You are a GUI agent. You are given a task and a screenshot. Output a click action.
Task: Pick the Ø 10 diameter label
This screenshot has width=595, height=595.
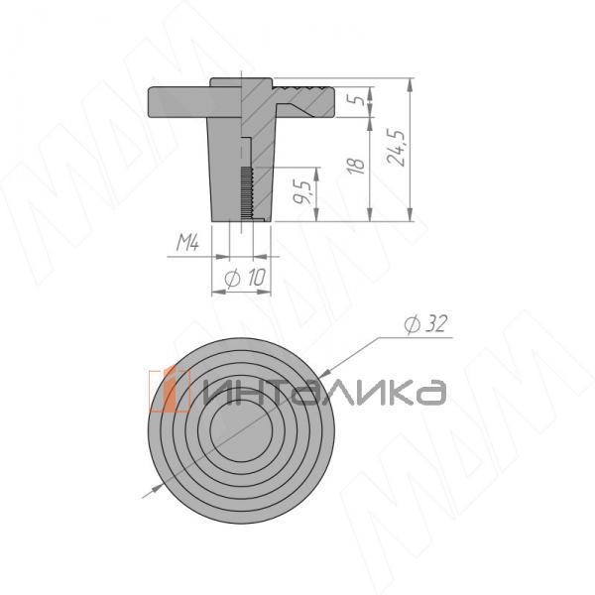pyautogui.click(x=245, y=281)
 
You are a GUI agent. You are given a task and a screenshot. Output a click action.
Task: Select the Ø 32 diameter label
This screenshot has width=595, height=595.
pyautogui.click(x=420, y=324)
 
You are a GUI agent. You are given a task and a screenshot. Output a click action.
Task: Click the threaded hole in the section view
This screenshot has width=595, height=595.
pyautogui.click(x=247, y=193)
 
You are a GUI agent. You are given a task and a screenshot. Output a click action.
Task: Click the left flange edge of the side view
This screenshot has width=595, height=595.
pyautogui.click(x=151, y=102)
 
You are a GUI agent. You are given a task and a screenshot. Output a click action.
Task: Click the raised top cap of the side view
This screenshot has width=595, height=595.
pyautogui.click(x=243, y=82)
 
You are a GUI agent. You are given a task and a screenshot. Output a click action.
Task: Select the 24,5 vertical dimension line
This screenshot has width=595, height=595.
pyautogui.click(x=410, y=149)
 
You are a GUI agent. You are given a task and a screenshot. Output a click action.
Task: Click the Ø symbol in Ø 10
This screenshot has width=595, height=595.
pyautogui.click(x=232, y=281)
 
